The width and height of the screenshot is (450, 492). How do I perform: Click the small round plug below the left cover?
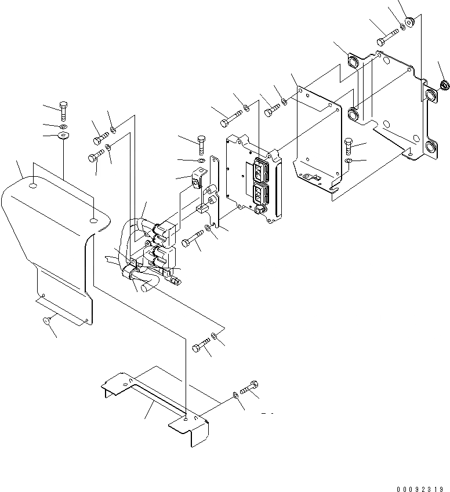[48, 320]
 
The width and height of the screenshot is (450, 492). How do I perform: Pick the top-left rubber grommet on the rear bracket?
[354, 62]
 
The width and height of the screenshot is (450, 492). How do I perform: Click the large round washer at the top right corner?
[410, 23]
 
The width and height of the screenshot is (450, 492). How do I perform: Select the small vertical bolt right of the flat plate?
[348, 144]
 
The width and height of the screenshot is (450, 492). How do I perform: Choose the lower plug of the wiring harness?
[164, 256]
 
